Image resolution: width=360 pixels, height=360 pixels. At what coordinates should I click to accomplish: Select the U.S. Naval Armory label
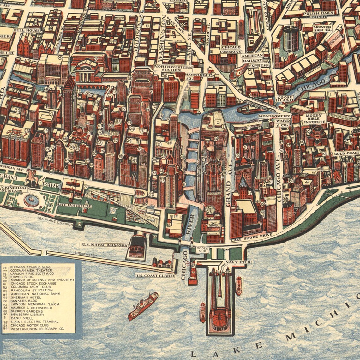105,245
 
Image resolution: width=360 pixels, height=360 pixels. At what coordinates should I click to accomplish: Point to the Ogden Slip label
202,250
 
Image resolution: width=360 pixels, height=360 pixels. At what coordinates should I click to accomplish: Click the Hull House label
27,31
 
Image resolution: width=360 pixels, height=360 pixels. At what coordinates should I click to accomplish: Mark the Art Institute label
75,206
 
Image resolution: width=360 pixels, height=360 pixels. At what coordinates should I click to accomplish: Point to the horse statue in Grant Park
32,177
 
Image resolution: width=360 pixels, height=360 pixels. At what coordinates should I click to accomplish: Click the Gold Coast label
346,153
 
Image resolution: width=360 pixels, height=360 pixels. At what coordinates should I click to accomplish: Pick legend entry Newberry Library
27,315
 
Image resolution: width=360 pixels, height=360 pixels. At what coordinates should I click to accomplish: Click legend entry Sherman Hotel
26,297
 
